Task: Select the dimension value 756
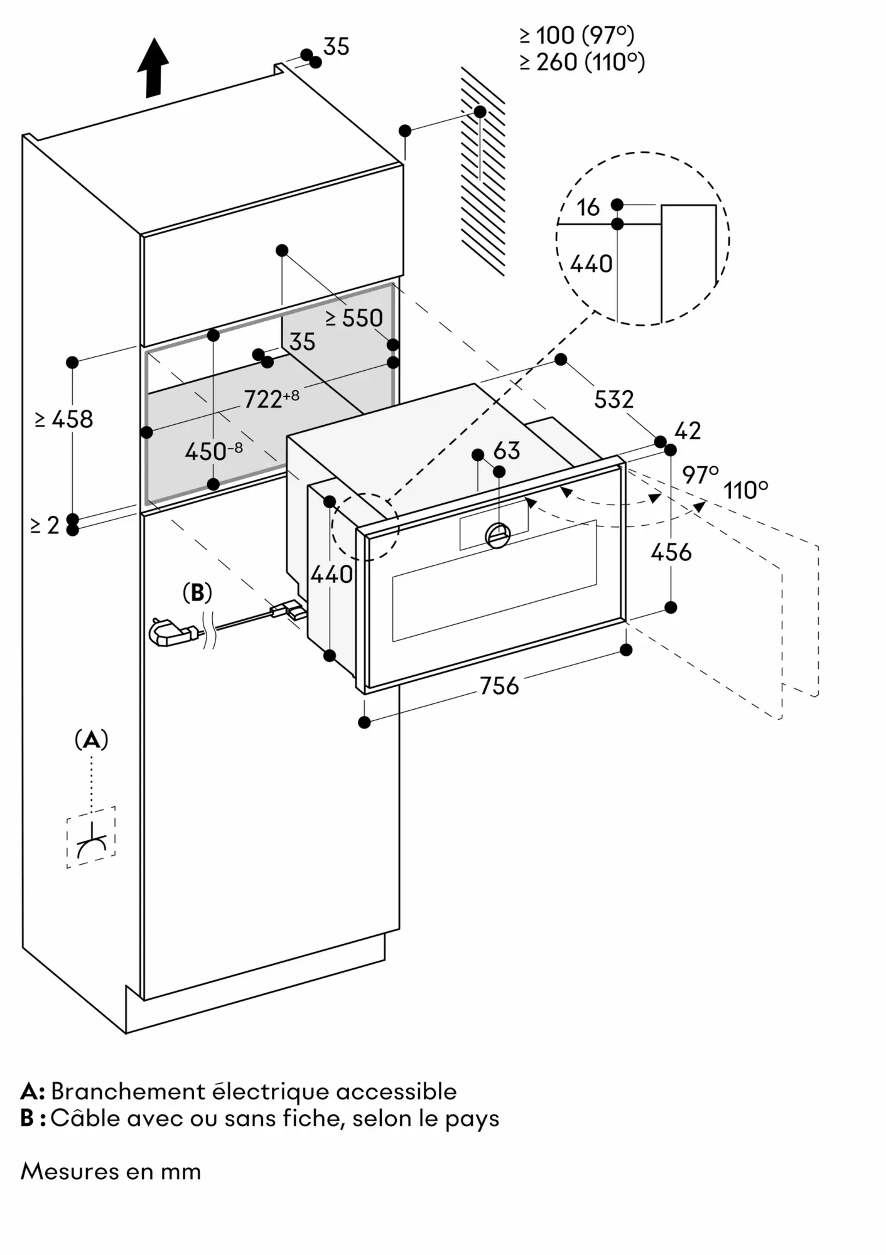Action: click(499, 686)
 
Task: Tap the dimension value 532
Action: click(613, 399)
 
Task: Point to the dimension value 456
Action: click(671, 552)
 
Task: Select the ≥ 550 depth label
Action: click(354, 318)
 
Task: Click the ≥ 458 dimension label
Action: click(64, 419)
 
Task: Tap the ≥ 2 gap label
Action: click(45, 525)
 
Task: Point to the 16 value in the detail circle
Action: click(588, 208)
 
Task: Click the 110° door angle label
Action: click(745, 490)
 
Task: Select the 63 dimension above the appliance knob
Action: click(507, 451)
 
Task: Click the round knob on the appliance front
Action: click(499, 535)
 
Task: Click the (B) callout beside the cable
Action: click(197, 592)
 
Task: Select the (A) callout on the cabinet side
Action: click(92, 740)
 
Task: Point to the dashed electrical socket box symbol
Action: click(91, 837)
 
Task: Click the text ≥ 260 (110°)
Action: click(582, 62)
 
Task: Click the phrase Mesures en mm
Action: click(111, 1172)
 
